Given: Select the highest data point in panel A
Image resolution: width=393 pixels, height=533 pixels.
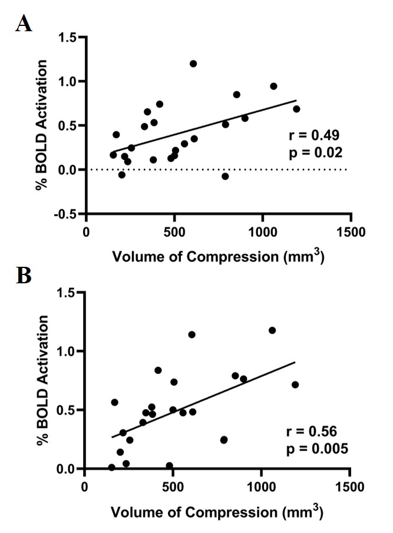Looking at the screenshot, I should pyautogui.click(x=193, y=64).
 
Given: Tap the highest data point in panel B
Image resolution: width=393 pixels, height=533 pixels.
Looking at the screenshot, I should pyautogui.click(x=272, y=330).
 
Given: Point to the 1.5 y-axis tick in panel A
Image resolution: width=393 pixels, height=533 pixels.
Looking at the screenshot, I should pyautogui.click(x=71, y=37).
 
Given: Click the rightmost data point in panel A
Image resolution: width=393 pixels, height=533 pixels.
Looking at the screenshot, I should pyautogui.click(x=296, y=109).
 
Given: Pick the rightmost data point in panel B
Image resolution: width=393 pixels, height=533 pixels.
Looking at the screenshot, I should pyautogui.click(x=295, y=385).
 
